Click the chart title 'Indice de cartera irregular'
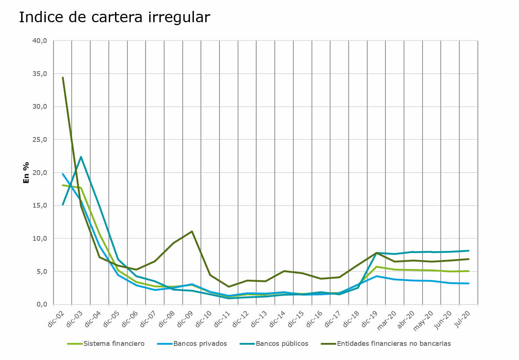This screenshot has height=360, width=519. tap(114, 17)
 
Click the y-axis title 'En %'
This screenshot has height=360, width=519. tap(26, 173)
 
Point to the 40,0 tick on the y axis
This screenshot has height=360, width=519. tap(40, 41)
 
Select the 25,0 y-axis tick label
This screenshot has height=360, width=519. tap(40, 140)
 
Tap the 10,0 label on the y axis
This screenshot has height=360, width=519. tap(40, 239)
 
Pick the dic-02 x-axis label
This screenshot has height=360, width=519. tap(56, 319)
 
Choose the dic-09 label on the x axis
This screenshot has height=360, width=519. tap(185, 319)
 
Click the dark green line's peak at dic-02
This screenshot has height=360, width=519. tap(63, 77)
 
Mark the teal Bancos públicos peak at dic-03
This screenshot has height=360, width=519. tap(81, 157)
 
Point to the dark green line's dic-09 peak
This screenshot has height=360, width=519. tap(192, 231)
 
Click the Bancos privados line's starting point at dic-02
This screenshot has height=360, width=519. tap(63, 174)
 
